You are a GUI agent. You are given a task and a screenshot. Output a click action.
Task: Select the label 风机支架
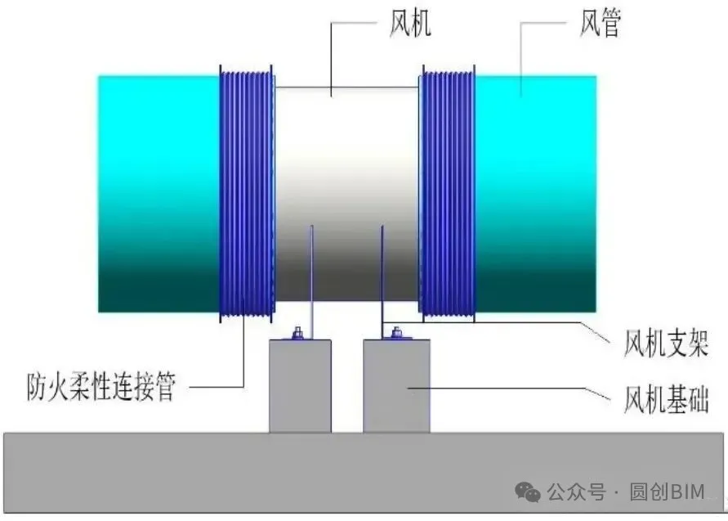tap(666, 344)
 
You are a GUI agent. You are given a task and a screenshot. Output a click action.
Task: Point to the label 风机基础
tap(666, 399)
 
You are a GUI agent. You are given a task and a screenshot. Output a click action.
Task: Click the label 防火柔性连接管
tap(100, 386)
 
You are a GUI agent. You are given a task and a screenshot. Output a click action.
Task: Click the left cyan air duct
tap(159, 194)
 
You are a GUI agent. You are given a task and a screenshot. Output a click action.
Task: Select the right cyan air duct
tap(535, 194)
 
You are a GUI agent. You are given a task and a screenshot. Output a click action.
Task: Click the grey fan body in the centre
tap(347, 194)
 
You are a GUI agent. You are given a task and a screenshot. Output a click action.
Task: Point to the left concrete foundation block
tap(301, 386)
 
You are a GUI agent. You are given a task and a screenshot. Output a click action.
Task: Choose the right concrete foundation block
tap(396, 386)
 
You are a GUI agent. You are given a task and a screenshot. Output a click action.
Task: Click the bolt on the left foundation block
tap(297, 333)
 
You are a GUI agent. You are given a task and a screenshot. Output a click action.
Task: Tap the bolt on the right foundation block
tap(396, 333)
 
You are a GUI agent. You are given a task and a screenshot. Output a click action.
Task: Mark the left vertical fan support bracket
tap(311, 282)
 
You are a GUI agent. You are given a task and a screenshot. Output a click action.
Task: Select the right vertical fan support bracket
tap(382, 282)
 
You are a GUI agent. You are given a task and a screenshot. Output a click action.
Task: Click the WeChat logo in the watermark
tap(528, 492)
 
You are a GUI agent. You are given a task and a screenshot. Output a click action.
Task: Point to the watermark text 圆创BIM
tap(668, 492)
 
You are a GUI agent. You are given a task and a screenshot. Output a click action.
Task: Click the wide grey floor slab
tap(364, 473)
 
